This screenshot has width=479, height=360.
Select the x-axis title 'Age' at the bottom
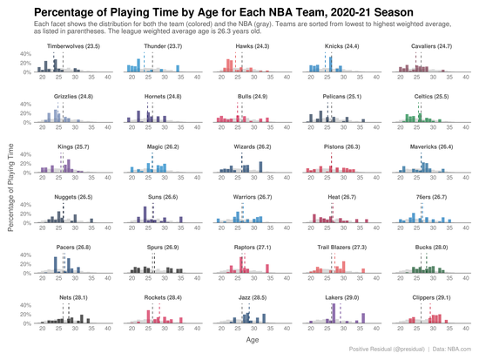pos(253,343)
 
